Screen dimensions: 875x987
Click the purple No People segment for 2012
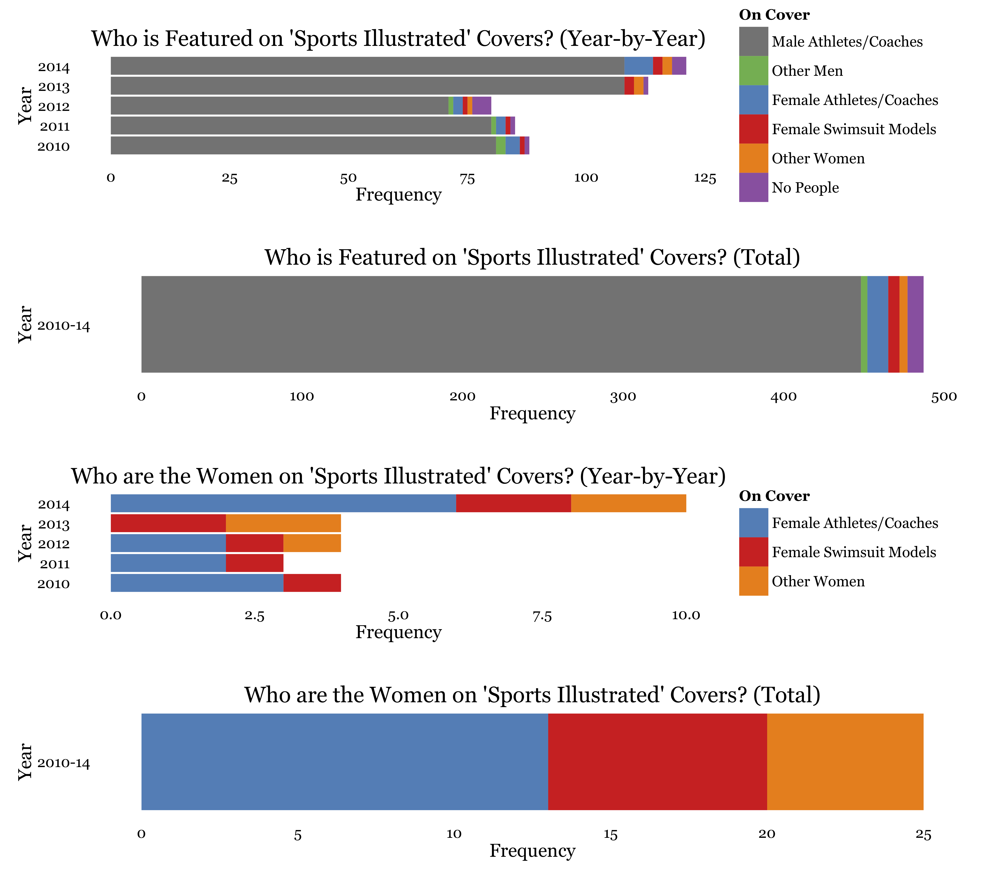pyautogui.click(x=481, y=105)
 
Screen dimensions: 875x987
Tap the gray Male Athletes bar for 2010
pyautogui.click(x=303, y=145)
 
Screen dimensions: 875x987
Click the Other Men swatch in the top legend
pyautogui.click(x=753, y=71)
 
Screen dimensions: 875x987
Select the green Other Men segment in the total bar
pyautogui.click(x=864, y=324)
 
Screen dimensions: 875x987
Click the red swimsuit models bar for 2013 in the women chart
pyautogui.click(x=168, y=523)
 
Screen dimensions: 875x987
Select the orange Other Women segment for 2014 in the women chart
pyautogui.click(x=628, y=503)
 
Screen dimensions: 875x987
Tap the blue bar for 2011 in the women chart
pyautogui.click(x=168, y=563)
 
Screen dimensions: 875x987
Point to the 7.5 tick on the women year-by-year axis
pyautogui.click(x=542, y=616)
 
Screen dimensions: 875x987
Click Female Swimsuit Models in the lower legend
pyautogui.click(x=853, y=552)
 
